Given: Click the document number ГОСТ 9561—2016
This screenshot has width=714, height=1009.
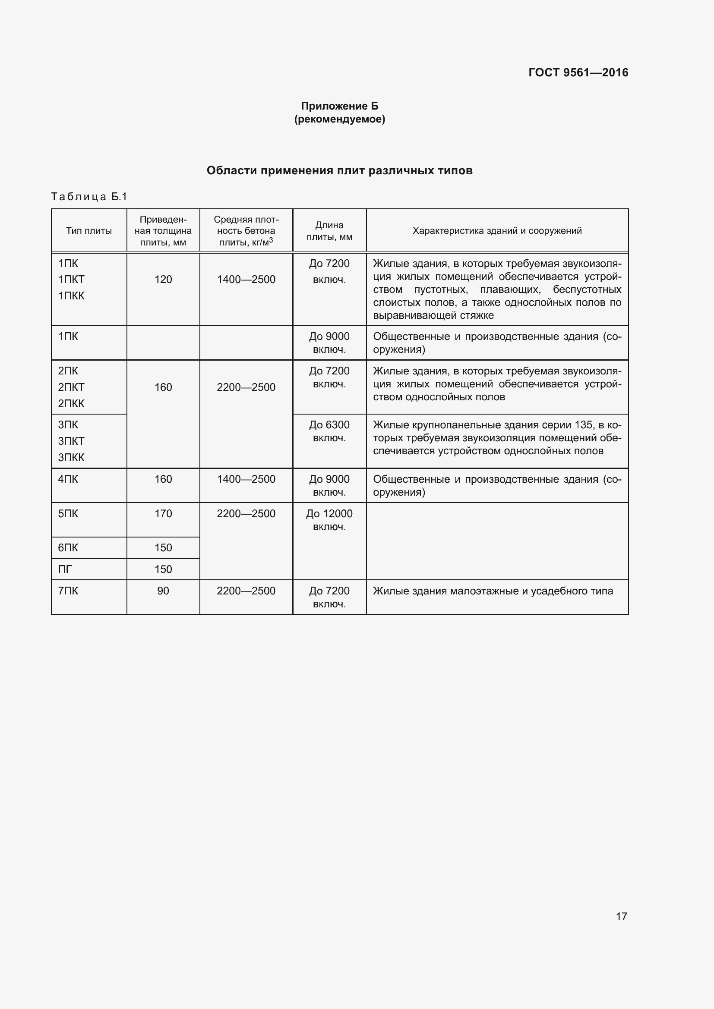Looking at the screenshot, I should tap(578, 72).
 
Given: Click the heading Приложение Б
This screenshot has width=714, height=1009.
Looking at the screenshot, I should tap(339, 106).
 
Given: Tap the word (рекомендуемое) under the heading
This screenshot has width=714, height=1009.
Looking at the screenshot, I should tap(339, 119).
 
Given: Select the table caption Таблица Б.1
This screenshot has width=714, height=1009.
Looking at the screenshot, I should tap(89, 196).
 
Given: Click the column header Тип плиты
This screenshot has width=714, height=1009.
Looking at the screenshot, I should tap(89, 231).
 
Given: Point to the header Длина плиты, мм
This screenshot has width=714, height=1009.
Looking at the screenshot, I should tap(329, 231).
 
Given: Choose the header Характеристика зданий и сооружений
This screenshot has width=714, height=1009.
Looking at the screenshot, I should tap(497, 231).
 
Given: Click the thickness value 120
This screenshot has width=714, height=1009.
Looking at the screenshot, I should tap(163, 280).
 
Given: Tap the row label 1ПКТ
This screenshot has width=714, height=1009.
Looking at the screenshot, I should tap(71, 280).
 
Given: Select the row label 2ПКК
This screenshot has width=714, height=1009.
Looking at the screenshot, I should tap(71, 403).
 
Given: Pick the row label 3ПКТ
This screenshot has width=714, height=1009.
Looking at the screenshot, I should tap(71, 441).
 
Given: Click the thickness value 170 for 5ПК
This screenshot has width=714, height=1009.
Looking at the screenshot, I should tap(163, 513).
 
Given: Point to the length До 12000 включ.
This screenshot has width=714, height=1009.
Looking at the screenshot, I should tap(329, 520).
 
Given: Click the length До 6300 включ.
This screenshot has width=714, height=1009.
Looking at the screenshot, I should tap(329, 431).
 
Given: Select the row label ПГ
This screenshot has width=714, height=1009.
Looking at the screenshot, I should tap(65, 569).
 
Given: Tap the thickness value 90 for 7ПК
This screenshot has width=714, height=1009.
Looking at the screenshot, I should tap(163, 591).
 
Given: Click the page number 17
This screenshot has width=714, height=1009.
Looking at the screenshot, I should tap(621, 916).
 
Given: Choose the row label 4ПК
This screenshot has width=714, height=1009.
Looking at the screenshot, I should tap(68, 479).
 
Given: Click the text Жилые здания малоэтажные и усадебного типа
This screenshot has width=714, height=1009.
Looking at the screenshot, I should tap(493, 591).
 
